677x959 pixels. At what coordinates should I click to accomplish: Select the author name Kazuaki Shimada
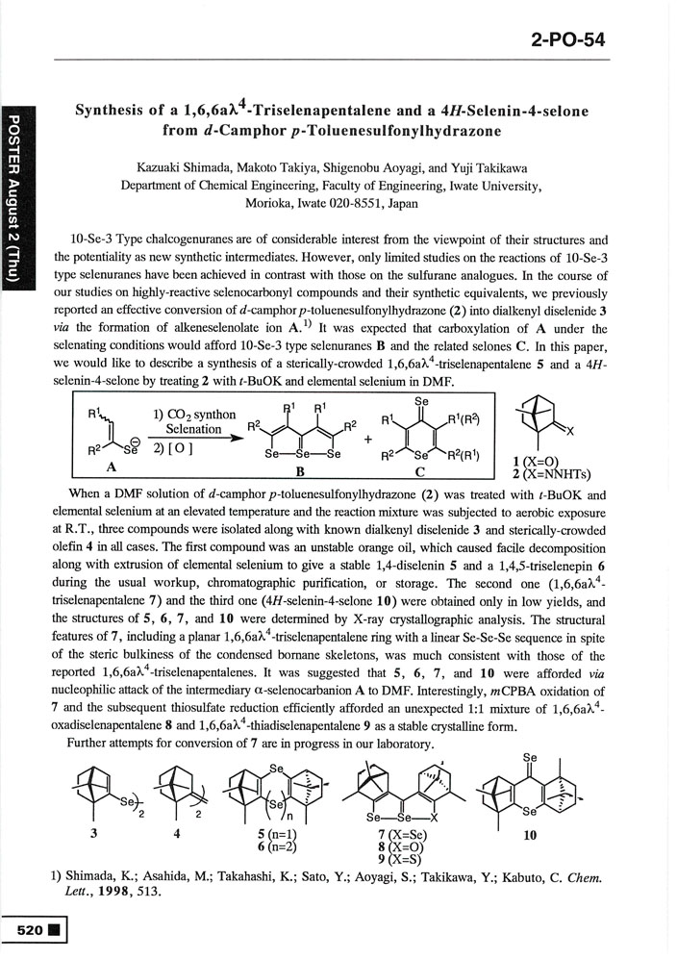point(180,168)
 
